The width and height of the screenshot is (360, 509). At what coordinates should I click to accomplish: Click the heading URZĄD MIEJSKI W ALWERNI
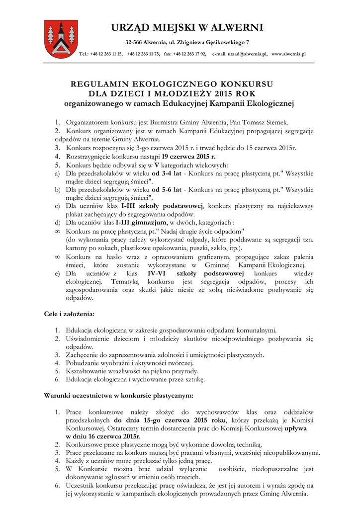coord(187,27)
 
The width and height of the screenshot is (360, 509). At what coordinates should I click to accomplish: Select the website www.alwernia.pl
coord(288,54)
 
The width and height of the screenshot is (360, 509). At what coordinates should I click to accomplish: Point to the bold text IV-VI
coord(158,274)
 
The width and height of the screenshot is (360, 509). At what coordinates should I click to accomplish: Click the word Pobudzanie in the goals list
coord(82,363)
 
